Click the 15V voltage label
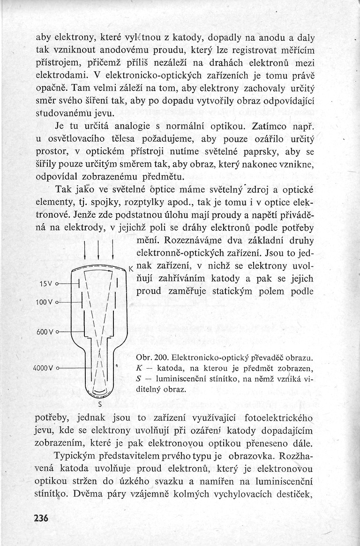click(x=46, y=284)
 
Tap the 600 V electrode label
click(x=45, y=332)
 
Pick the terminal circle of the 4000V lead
click(x=57, y=368)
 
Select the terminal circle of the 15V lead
click(x=57, y=285)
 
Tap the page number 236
click(x=41, y=518)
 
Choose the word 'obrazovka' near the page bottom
click(x=252, y=455)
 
